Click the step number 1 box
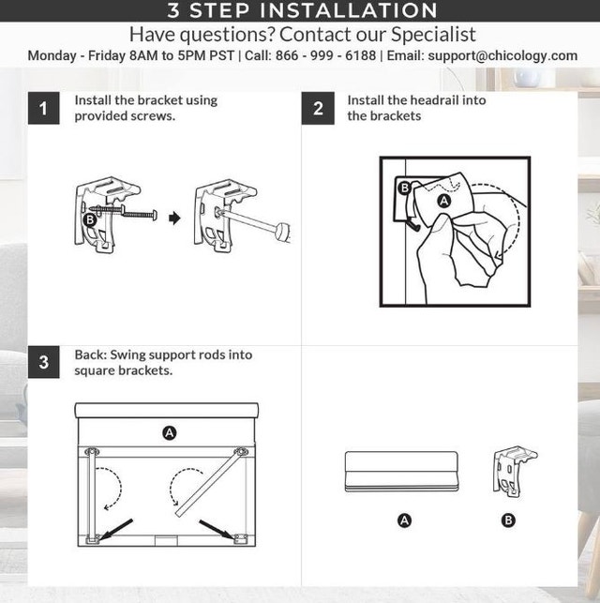pos(44,108)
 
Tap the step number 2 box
pos(318,108)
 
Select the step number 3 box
pos(44,362)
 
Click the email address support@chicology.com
pos(502,55)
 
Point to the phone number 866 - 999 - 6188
pos(325,55)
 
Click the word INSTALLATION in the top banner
pos(349,10)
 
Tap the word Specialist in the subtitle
pos(433,35)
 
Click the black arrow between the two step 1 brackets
pos(174,219)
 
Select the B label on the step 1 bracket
pos(90,219)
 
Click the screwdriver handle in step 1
pos(282,232)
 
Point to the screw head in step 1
pos(155,216)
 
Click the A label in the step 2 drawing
pos(444,201)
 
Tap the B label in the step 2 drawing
pos(404,188)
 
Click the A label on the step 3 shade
pos(169,432)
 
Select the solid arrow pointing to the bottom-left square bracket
pos(115,529)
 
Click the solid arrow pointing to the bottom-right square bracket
pos(217,530)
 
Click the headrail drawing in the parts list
pos(401,472)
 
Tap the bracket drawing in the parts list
pos(515,472)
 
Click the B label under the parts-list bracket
pos(508,520)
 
